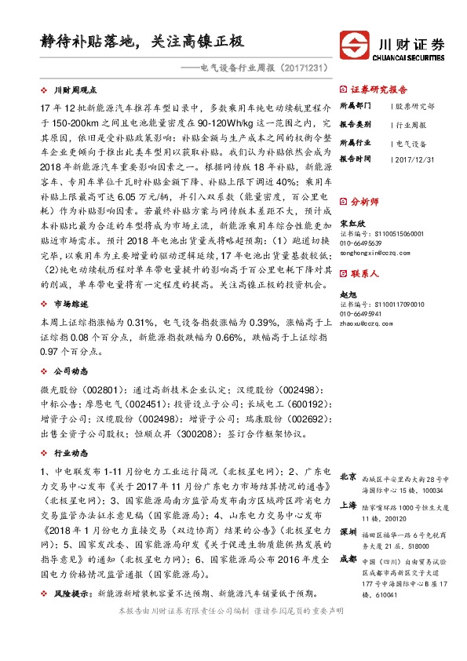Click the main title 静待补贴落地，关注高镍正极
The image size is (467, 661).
[x=144, y=42]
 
